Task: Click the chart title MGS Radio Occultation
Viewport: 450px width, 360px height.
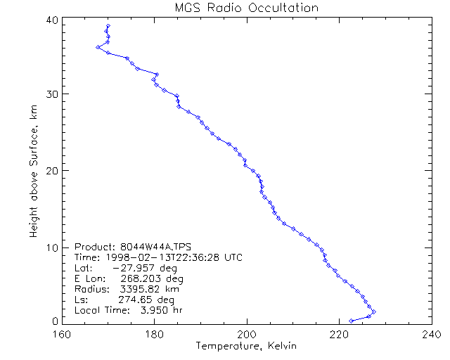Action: point(245,8)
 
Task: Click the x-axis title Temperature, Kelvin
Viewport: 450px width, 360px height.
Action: point(246,346)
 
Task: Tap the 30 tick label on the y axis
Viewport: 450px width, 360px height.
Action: point(51,94)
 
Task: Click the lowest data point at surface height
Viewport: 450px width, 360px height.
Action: point(351,321)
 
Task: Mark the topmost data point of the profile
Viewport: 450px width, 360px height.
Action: point(108,27)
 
